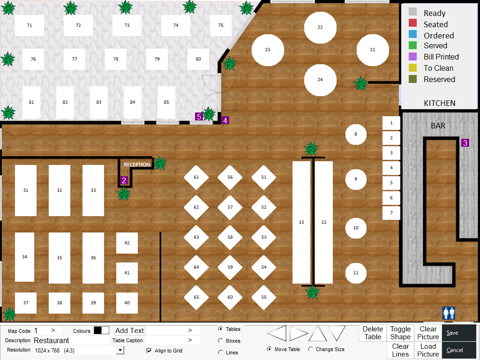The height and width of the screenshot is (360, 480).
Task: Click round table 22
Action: point(320,27)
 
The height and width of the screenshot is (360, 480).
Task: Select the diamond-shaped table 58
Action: point(230,237)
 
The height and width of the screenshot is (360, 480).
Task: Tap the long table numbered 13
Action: point(301,222)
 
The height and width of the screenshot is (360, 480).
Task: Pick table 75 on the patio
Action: point(221,25)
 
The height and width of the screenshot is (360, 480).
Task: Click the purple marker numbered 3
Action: point(465,142)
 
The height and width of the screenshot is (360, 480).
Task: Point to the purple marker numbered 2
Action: point(124,180)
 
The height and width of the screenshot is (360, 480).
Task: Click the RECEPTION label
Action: point(137,165)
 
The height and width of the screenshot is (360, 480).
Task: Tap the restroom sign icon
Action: point(449,313)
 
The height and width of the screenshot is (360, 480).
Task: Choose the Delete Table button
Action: point(373,333)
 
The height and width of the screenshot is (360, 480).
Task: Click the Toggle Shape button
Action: point(400,333)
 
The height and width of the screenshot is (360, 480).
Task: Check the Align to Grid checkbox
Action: point(150,351)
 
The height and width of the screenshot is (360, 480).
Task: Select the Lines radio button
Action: point(220,352)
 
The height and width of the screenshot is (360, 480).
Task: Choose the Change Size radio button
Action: point(310,349)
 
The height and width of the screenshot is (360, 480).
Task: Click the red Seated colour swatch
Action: point(412,23)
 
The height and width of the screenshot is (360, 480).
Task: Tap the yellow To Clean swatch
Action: point(412,67)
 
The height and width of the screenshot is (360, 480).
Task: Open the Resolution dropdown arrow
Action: point(120,351)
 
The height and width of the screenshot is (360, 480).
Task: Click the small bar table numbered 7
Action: point(391,213)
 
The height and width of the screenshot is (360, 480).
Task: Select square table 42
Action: point(127,243)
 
